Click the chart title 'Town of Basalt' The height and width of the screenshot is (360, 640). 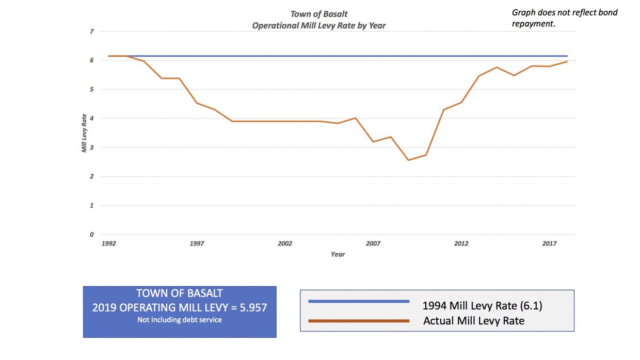click(319, 14)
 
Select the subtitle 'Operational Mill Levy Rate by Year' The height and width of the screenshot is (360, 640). click(319, 25)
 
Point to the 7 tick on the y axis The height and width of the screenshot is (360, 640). click(92, 31)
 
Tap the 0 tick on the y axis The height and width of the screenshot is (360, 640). click(92, 235)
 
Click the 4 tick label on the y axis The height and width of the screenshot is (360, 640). click(92, 119)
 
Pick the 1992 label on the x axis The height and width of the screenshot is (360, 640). click(108, 243)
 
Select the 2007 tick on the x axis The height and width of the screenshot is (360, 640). click(373, 243)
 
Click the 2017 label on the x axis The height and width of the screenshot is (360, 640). click(549, 243)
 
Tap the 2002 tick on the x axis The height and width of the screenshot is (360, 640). click(284, 243)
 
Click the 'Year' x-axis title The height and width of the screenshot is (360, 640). click(338, 254)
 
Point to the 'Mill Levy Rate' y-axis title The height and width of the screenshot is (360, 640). click(84, 133)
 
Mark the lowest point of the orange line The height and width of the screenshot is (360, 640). click(408, 160)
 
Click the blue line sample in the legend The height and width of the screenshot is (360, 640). click(359, 301)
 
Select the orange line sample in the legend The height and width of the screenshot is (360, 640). click(359, 321)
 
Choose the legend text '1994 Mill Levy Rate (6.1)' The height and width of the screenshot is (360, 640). click(482, 305)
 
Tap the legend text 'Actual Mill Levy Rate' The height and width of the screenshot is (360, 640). click(473, 321)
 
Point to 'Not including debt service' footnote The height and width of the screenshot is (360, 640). click(179, 320)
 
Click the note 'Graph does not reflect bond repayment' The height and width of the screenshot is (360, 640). click(564, 18)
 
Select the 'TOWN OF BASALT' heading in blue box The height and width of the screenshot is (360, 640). click(179, 293)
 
